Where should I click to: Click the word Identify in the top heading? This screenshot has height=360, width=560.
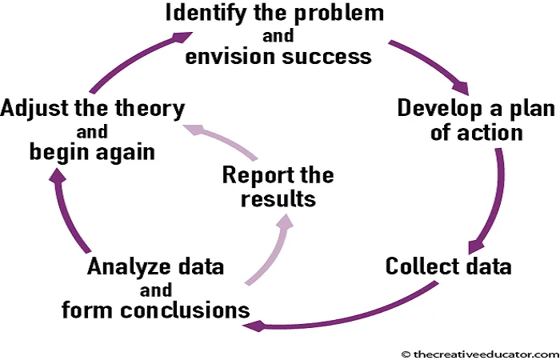coord(206,14)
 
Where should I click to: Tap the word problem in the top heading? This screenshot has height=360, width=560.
coord(339,14)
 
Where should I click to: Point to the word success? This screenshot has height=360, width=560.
coord(326,57)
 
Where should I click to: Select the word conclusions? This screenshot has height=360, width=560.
coord(185,310)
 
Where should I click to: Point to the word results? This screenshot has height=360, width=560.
coord(278,199)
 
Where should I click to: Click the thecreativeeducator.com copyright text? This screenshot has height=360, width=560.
coord(480,354)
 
